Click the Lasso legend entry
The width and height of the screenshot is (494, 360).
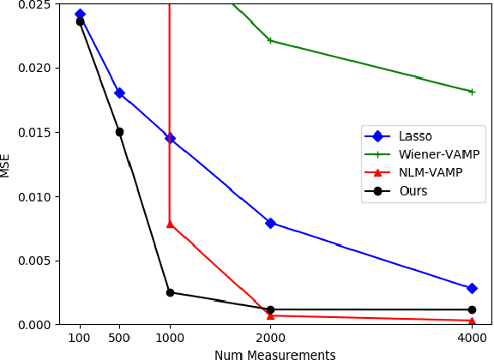coord(415,136)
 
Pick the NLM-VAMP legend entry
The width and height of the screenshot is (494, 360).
coord(430,172)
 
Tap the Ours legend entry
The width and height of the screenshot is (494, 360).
coord(413,190)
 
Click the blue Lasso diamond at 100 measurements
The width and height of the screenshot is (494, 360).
coord(80,15)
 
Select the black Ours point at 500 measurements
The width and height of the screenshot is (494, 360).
coord(119,132)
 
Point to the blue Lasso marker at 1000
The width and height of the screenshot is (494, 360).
coord(170,138)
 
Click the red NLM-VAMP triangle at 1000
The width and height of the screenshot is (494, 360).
coord(170,224)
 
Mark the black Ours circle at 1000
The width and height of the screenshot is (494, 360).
coord(170,292)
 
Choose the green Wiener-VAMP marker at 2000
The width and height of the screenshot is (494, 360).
coord(270,40)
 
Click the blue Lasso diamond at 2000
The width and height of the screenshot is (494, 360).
coord(270,223)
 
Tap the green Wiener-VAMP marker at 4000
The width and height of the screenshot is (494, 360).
coord(472,92)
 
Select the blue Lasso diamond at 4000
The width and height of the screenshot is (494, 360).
coord(472,288)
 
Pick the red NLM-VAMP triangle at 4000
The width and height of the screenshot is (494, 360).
coord(472,321)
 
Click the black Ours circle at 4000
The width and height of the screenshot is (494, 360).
coord(472,309)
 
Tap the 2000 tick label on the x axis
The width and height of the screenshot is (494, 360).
coord(270,338)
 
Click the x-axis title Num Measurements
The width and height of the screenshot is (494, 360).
coord(274,354)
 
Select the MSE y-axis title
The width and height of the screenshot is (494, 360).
coord(6,165)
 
